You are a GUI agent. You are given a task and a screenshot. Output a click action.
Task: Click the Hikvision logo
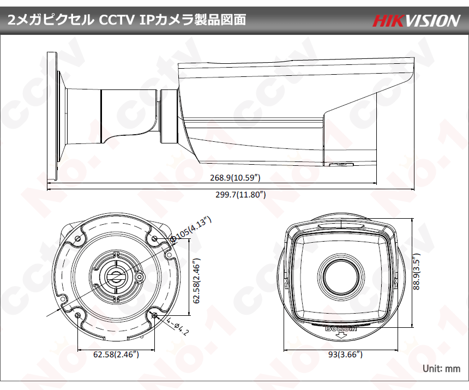pyautogui.click(x=416, y=21)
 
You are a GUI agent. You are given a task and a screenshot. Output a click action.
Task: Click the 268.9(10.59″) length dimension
pyautogui.click(x=235, y=178)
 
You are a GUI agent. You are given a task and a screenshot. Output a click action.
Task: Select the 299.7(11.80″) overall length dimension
pyautogui.click(x=241, y=195)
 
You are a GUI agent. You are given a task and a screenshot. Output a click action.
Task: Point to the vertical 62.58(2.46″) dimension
pyautogui.click(x=196, y=281)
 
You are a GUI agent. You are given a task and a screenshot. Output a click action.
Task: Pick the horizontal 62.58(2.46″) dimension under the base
pyautogui.click(x=116, y=355)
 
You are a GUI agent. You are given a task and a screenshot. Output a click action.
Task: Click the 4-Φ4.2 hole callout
pyautogui.click(x=178, y=327)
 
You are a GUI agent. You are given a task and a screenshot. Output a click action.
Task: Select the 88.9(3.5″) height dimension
pyautogui.click(x=416, y=271)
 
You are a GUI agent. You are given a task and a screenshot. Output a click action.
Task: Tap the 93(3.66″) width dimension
pyautogui.click(x=345, y=355)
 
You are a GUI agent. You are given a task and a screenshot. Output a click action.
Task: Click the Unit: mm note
pyautogui.click(x=442, y=369)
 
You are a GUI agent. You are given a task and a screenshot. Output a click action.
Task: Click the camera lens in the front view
pyautogui.click(x=341, y=275)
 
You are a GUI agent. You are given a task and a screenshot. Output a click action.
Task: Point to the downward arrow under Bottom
pyautogui.click(x=341, y=335)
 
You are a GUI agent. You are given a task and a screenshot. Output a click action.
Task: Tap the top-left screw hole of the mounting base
pyautogui.click(x=78, y=238)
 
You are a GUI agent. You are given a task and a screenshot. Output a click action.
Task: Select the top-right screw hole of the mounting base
pyautogui.click(x=155, y=238)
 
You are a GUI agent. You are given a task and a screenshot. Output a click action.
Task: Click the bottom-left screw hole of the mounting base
pyautogui.click(x=78, y=315)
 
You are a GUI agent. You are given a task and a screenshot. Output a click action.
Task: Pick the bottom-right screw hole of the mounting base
pyautogui.click(x=155, y=315)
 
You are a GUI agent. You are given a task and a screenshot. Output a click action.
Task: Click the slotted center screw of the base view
pyautogui.click(x=116, y=276)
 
